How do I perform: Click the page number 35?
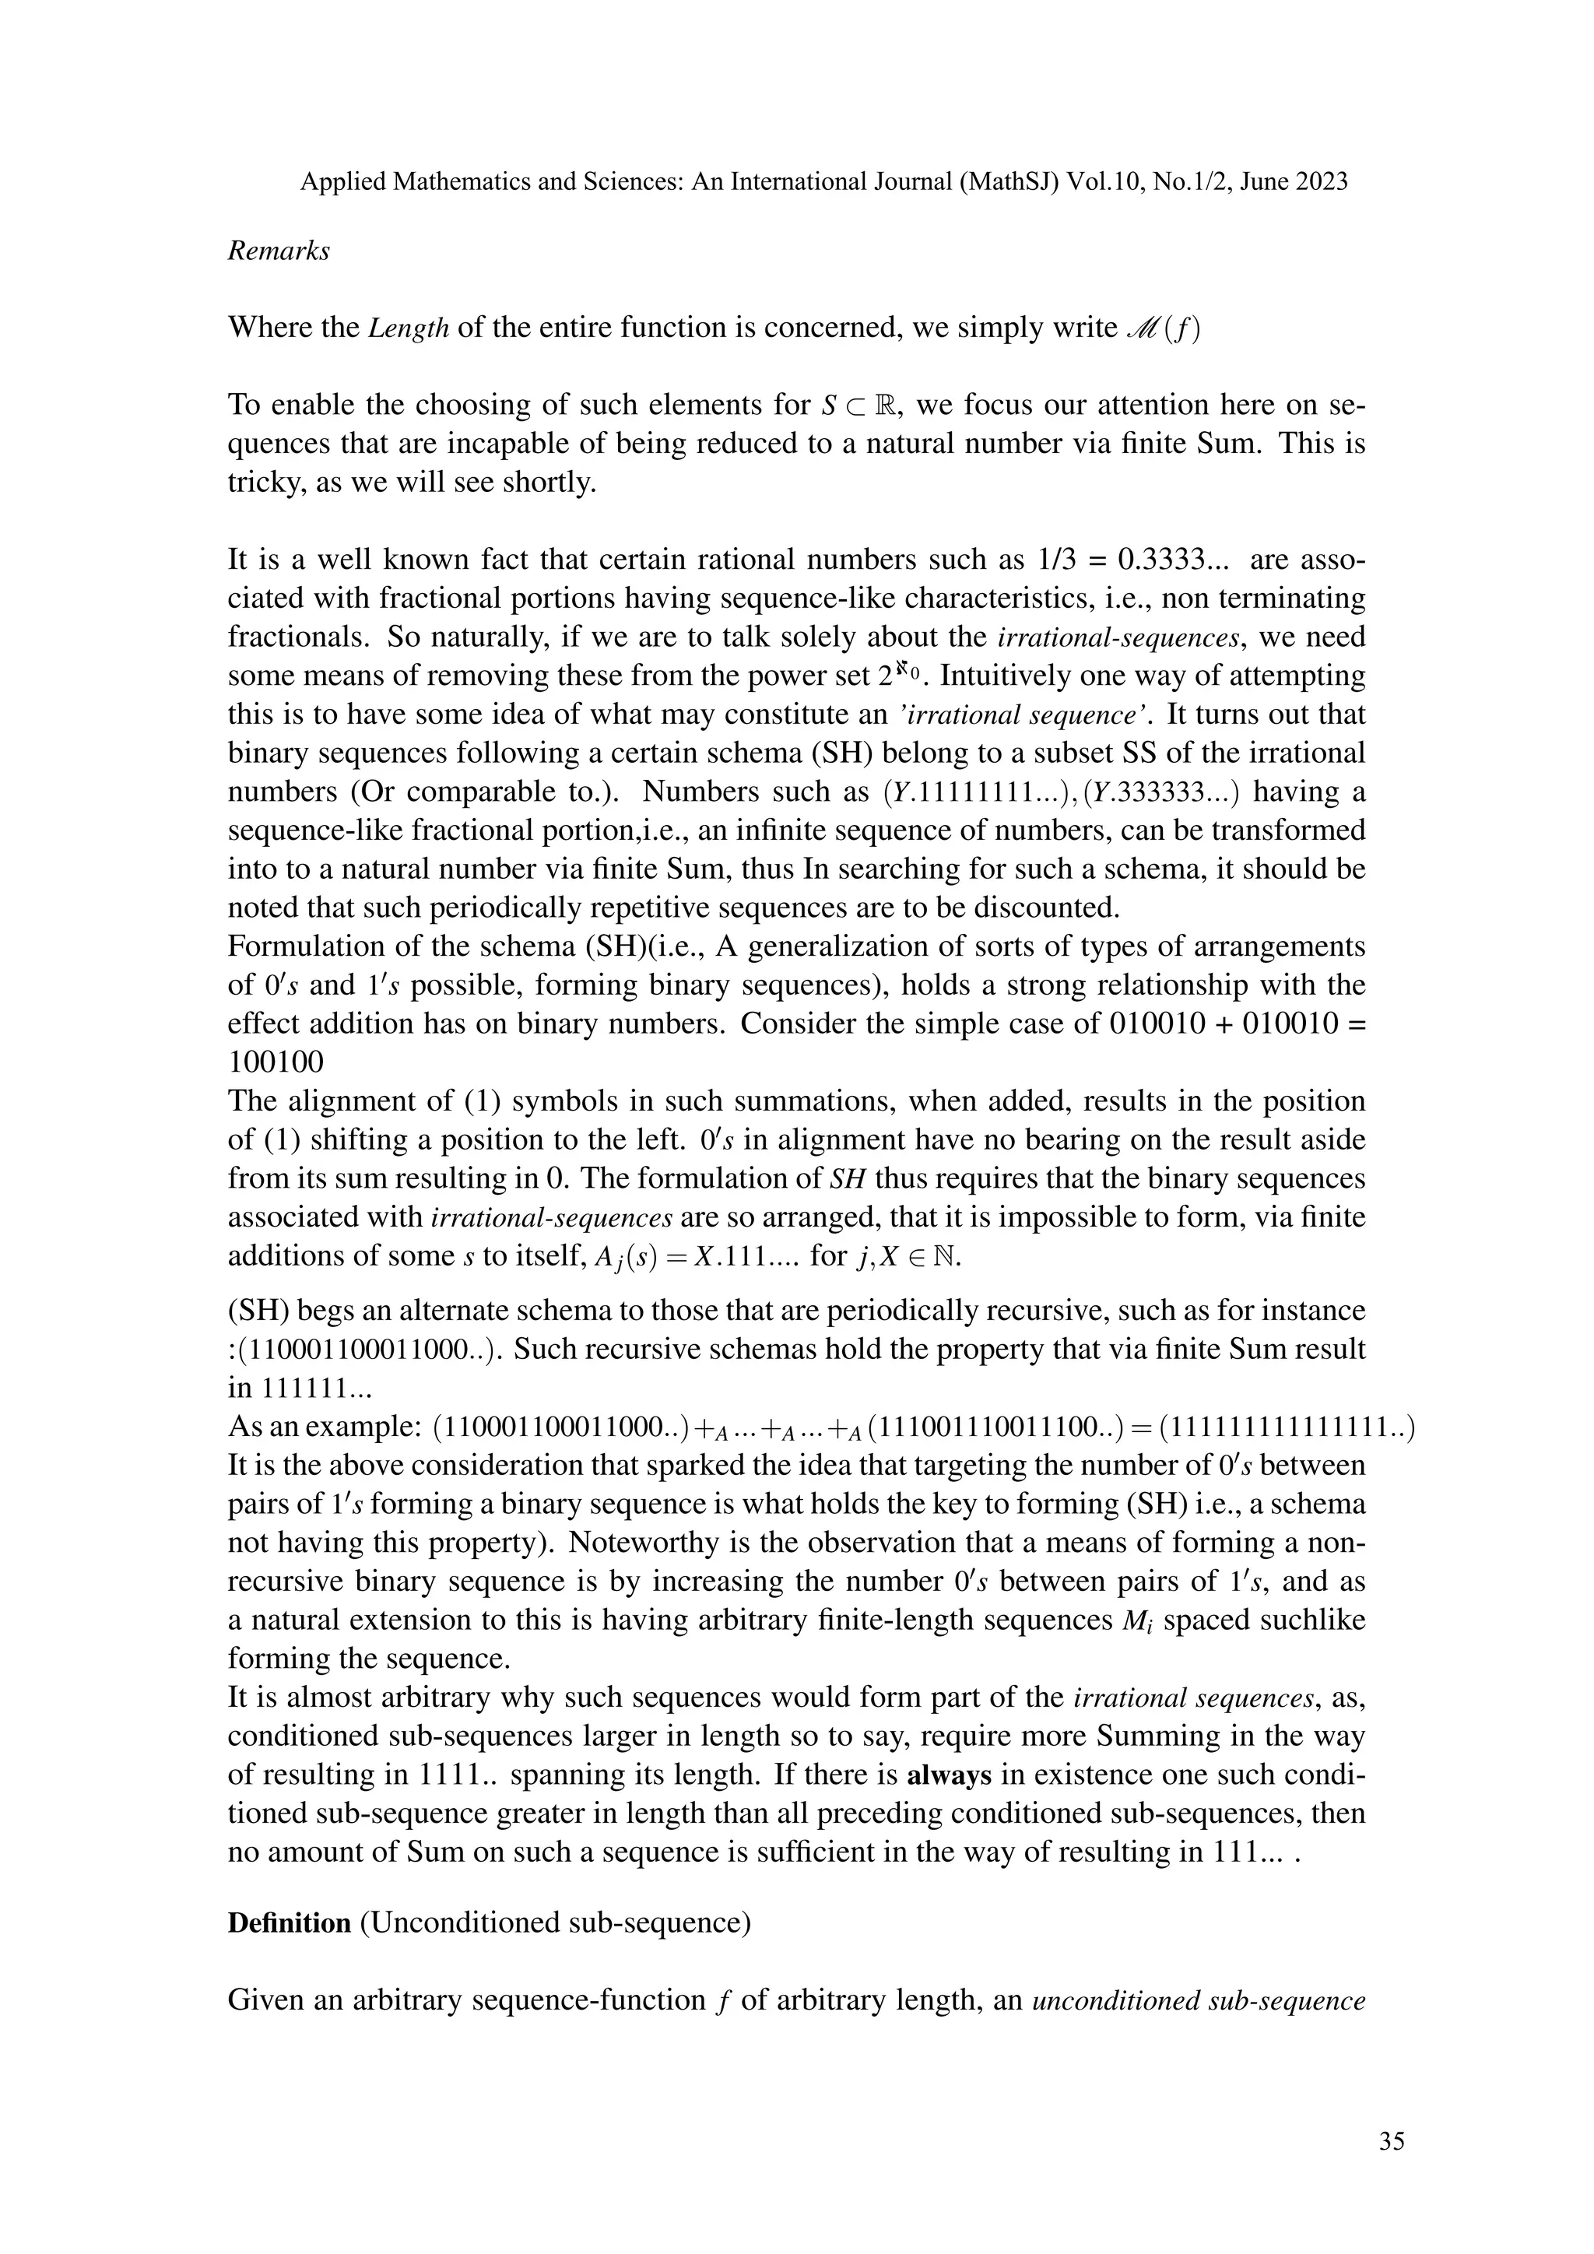click(1391, 2141)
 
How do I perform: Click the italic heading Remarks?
click(279, 251)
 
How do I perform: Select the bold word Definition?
click(289, 1922)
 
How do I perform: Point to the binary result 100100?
click(276, 1062)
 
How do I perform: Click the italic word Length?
click(409, 328)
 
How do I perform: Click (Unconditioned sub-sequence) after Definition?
click(556, 1922)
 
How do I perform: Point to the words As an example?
click(325, 1427)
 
